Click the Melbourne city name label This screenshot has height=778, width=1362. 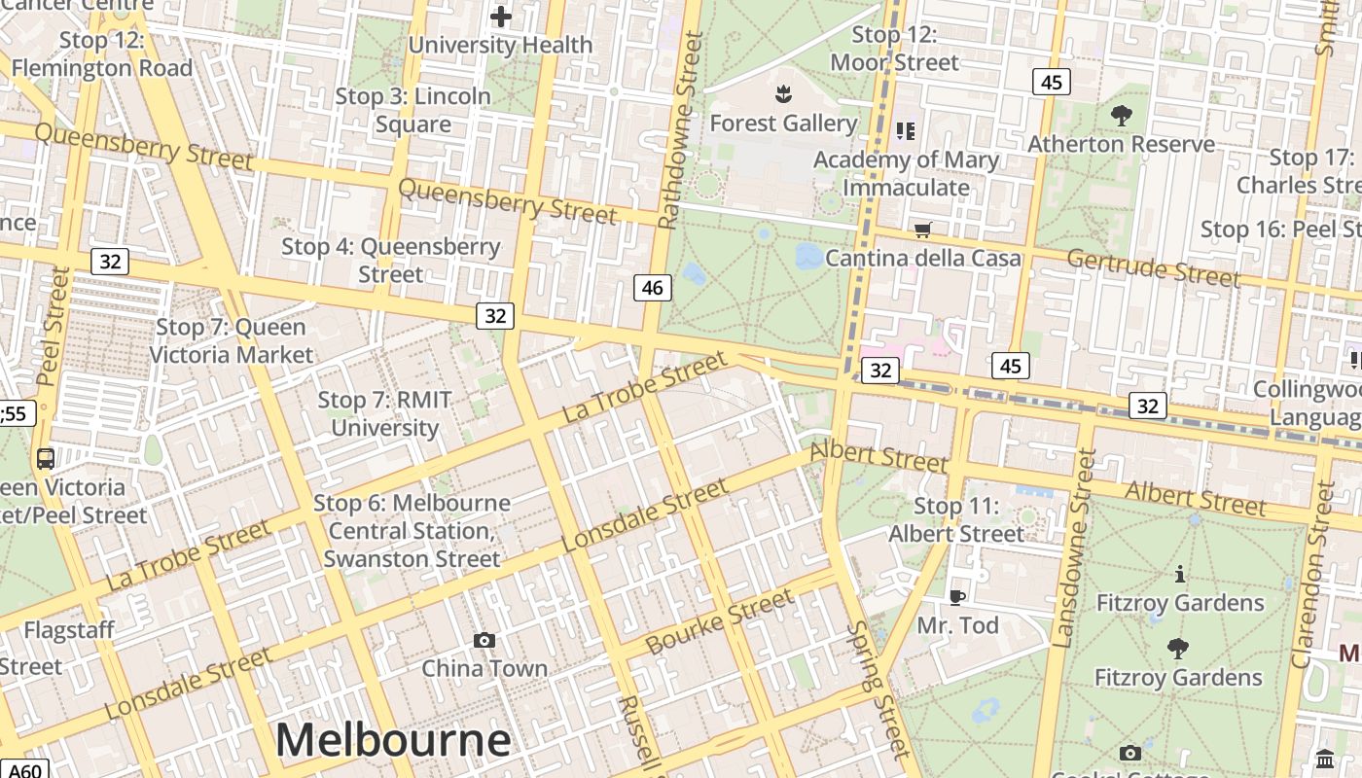(x=393, y=740)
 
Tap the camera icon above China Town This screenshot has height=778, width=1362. (x=484, y=640)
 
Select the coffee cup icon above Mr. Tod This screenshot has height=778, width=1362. (x=957, y=596)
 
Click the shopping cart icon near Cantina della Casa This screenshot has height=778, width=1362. (x=922, y=230)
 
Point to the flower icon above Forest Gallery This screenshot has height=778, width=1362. (x=782, y=94)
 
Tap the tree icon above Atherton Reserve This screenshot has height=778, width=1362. (x=1121, y=116)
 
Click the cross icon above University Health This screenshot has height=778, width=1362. (x=501, y=17)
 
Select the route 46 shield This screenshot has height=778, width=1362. (x=652, y=287)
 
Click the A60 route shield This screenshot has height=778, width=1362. (x=23, y=769)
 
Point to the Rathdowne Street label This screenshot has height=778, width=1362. (x=679, y=130)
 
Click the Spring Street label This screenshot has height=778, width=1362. (x=878, y=689)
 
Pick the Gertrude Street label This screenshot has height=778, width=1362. (x=1154, y=267)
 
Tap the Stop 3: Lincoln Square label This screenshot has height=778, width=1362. (x=413, y=110)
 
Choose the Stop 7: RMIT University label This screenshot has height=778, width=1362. (x=385, y=413)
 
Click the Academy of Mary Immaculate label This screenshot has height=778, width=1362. (x=906, y=173)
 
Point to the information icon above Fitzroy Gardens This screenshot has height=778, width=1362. (x=1180, y=574)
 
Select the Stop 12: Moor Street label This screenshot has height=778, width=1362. (x=894, y=49)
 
